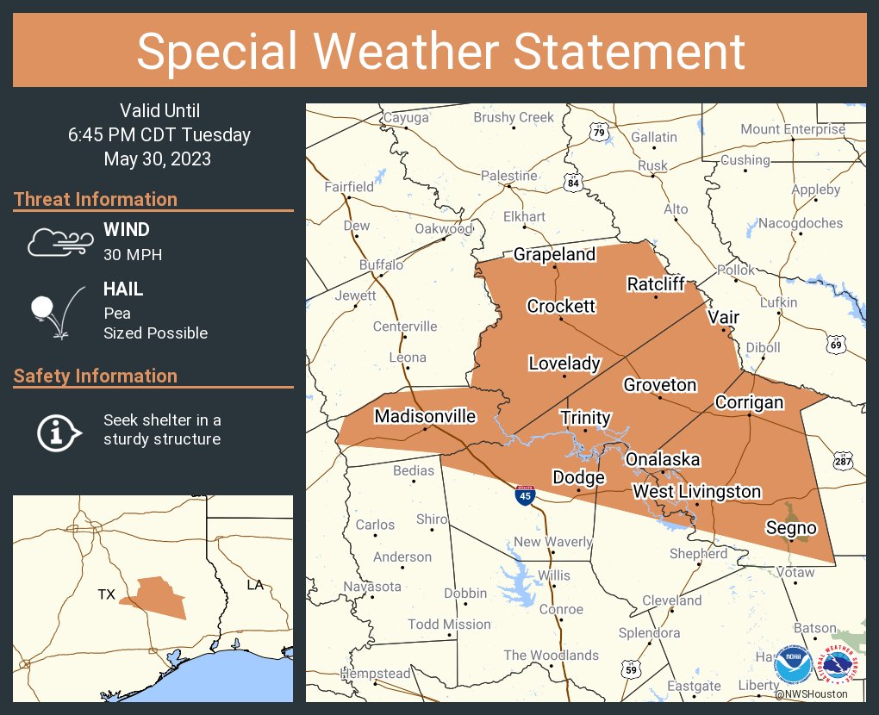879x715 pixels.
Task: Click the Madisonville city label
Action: coord(424,416)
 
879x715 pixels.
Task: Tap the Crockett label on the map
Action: coord(561,306)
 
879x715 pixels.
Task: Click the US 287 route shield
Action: coord(843,462)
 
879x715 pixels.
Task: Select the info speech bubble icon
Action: coord(59,431)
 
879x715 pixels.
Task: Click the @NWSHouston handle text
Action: coord(810,693)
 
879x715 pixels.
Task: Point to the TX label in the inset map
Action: coord(106,594)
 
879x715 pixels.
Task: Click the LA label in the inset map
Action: coord(255,585)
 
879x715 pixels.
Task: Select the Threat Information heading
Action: coord(96,199)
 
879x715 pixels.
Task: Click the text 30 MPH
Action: coord(133,254)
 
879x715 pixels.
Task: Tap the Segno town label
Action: coord(791,527)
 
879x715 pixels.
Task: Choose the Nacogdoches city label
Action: coord(801,223)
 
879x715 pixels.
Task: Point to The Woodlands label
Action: coord(551,655)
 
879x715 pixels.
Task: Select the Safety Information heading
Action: coord(96,376)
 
